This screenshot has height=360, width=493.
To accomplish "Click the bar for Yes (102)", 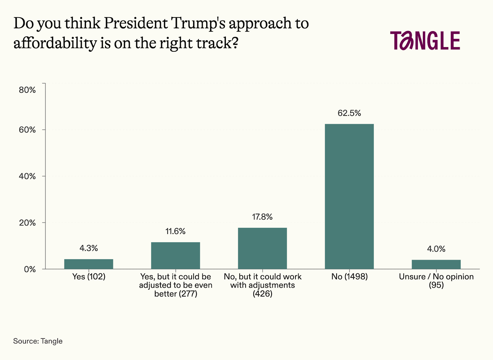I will click(89, 264).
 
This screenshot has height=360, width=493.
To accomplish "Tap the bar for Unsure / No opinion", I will click(436, 265).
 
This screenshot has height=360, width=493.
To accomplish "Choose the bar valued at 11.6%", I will click(176, 256).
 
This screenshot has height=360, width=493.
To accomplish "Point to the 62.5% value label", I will click(349, 113).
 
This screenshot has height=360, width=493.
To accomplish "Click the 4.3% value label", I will click(89, 248).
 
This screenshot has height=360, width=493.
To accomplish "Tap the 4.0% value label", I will click(436, 249).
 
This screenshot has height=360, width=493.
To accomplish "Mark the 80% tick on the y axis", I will click(27, 90).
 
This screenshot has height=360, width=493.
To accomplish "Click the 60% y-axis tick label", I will click(27, 130).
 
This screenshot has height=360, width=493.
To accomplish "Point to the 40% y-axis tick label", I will click(27, 176).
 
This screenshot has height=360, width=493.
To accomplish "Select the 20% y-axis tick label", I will click(27, 223).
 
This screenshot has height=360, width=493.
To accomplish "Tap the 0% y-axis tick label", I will click(30, 269).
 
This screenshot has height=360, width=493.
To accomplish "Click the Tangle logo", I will click(425, 41).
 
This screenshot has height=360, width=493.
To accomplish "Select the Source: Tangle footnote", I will click(38, 341).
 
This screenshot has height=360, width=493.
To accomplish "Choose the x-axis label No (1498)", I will click(349, 277).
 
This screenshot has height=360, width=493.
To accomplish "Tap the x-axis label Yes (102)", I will click(89, 277).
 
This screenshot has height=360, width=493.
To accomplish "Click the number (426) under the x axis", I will click(263, 294).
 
